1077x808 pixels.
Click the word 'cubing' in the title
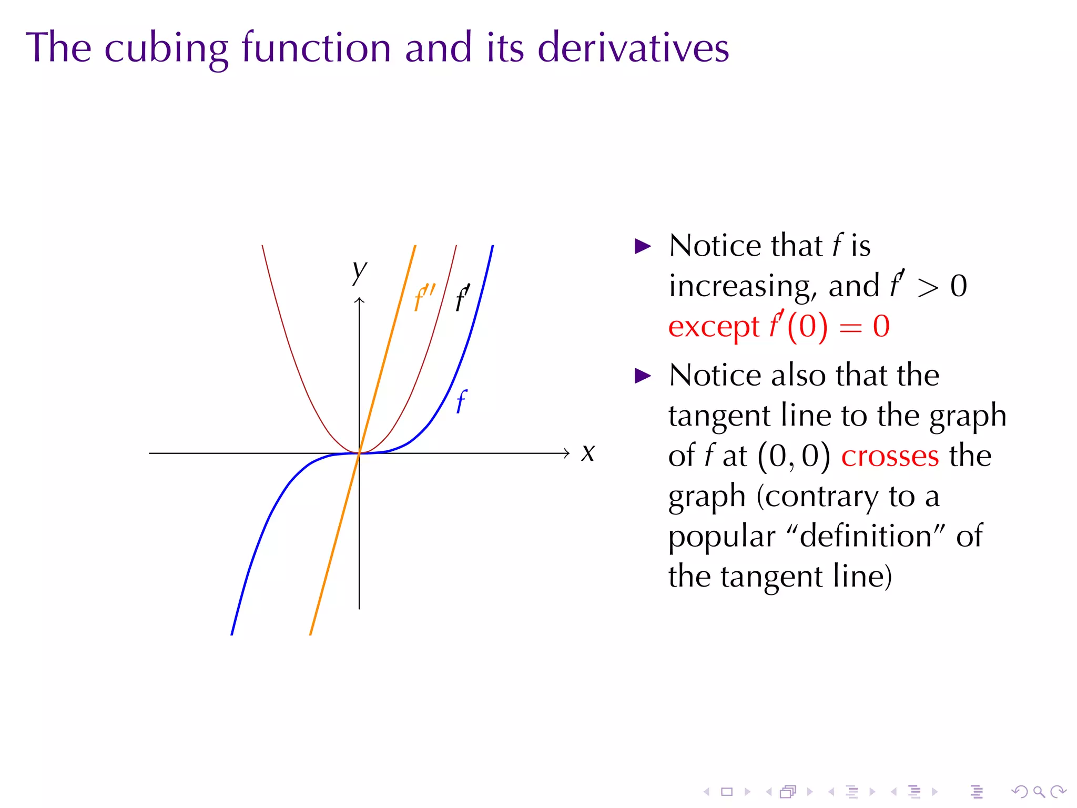click(x=166, y=48)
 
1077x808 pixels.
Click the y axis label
click(x=360, y=270)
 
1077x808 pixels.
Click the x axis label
click(x=588, y=453)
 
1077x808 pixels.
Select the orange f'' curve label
click(x=424, y=298)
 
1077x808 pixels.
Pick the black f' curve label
click(x=462, y=298)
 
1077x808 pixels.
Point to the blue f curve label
click(x=461, y=402)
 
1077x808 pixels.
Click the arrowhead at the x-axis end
click(x=566, y=453)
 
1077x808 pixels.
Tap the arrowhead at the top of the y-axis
click(x=360, y=300)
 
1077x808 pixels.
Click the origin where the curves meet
click(x=360, y=453)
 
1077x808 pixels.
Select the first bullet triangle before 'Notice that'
click(x=643, y=246)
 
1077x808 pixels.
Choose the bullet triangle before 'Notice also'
click(x=643, y=376)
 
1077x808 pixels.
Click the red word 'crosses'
click(x=890, y=456)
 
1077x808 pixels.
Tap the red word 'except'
click(x=714, y=327)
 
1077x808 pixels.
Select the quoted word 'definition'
click(x=865, y=536)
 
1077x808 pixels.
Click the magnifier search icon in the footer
click(x=1039, y=791)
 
